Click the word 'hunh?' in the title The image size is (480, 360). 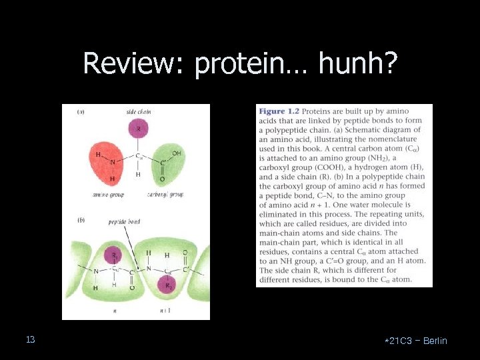(x=359, y=64)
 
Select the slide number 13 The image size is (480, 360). (x=31, y=340)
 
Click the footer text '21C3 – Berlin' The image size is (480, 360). (x=418, y=341)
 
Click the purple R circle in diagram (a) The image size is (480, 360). (x=139, y=128)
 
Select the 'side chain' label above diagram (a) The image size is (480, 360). (x=139, y=112)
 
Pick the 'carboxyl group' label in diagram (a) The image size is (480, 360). (x=165, y=195)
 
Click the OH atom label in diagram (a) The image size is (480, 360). (x=176, y=153)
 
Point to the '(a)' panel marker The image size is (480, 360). (x=80, y=112)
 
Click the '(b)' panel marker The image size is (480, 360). (x=80, y=219)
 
